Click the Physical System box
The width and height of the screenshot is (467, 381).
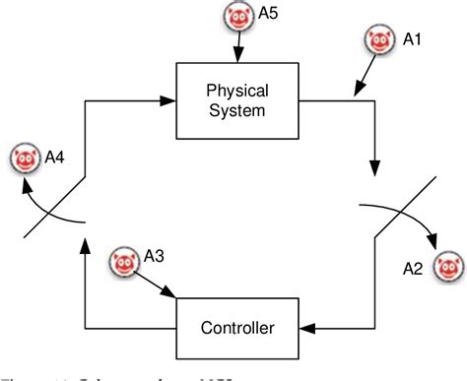pyautogui.click(x=236, y=101)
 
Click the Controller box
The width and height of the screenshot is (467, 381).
pyautogui.click(x=236, y=326)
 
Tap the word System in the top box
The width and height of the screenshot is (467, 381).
pyautogui.click(x=236, y=110)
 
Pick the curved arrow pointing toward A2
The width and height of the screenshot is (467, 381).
pyautogui.click(x=404, y=219)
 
